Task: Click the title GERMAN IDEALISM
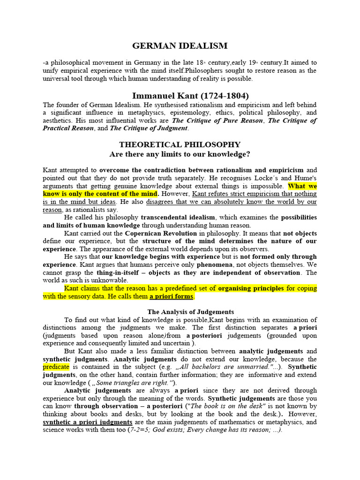pos(180,45)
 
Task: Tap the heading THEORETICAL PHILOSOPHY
pos(180,144)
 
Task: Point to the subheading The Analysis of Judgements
pos(191,312)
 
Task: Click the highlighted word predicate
pos(56,367)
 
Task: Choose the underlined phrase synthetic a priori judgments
pos(88,422)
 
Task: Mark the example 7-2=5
pos(143,430)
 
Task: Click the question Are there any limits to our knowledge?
pos(180,154)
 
